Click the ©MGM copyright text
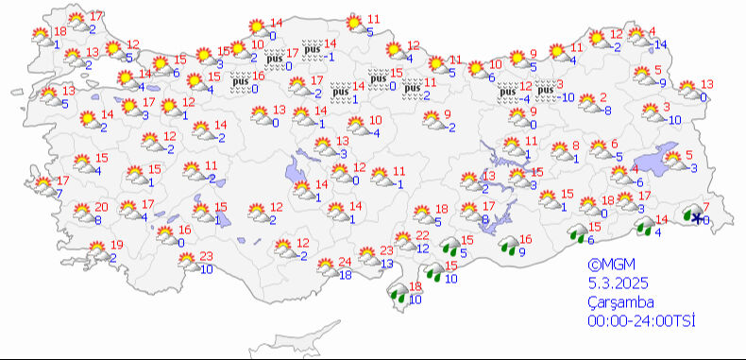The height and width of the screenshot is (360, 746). [x=606, y=266]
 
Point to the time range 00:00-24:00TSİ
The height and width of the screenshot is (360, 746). [x=640, y=322]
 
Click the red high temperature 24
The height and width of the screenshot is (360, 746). [x=345, y=262]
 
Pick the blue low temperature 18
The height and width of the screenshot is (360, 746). [x=345, y=275]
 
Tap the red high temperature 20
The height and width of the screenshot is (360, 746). [x=101, y=207]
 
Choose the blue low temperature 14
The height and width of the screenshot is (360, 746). [x=660, y=44]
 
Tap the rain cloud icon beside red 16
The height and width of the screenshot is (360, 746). [x=509, y=246]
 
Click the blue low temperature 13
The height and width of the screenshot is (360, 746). [x=386, y=264]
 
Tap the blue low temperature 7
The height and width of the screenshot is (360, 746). [x=59, y=194]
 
